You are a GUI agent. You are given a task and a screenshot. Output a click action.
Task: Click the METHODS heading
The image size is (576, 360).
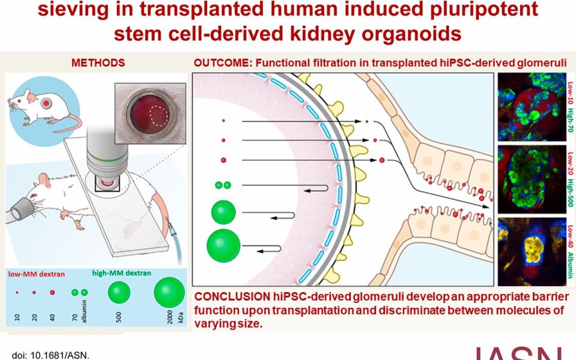98,63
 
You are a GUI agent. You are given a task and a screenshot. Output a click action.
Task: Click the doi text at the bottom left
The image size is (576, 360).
50,355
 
